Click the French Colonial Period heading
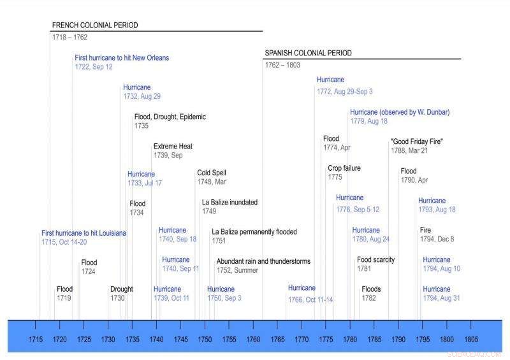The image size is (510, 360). pyautogui.click(x=95, y=25)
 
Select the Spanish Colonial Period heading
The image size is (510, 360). pyautogui.click(x=308, y=54)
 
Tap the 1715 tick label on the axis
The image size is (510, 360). pyautogui.click(x=36, y=340)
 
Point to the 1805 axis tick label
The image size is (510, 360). pyautogui.click(x=472, y=340)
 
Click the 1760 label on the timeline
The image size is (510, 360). pyautogui.click(x=254, y=340)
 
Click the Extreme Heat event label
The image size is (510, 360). pyautogui.click(x=173, y=147)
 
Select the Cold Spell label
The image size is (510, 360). pyautogui.click(x=212, y=173)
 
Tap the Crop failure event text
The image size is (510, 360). pyautogui.click(x=344, y=168)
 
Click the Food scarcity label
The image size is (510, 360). pyautogui.click(x=375, y=260)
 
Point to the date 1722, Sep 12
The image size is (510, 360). pyautogui.click(x=94, y=67)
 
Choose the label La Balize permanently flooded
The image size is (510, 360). pyautogui.click(x=254, y=232)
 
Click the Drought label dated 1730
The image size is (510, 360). pyautogui.click(x=121, y=289)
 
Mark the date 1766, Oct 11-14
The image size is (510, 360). pyautogui.click(x=310, y=299)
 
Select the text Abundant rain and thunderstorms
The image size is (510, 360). pyautogui.click(x=263, y=261)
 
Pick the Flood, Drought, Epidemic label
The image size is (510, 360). pyautogui.click(x=170, y=117)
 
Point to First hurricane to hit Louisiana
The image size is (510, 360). pyautogui.click(x=84, y=233)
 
